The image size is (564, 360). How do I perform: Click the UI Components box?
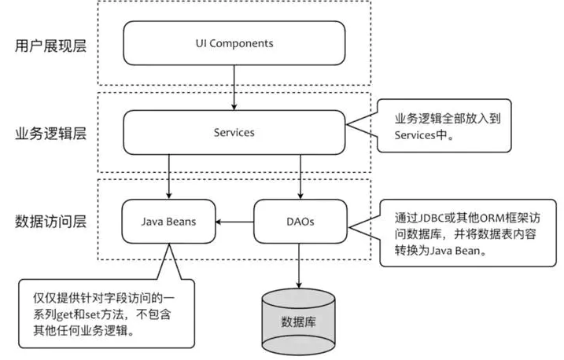click(x=234, y=43)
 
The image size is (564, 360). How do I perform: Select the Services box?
click(x=234, y=132)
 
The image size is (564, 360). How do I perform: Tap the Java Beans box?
click(x=169, y=222)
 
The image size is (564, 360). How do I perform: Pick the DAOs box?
click(x=299, y=222)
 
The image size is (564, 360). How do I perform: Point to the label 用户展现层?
click(x=50, y=46)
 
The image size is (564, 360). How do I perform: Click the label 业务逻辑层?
click(x=50, y=134)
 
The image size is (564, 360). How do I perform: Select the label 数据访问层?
click(x=50, y=222)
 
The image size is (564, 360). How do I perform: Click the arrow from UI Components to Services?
click(x=234, y=87)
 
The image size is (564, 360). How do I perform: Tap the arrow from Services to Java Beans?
click(x=169, y=176)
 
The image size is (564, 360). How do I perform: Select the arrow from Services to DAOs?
click(x=299, y=176)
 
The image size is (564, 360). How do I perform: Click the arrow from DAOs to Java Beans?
click(x=235, y=222)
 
